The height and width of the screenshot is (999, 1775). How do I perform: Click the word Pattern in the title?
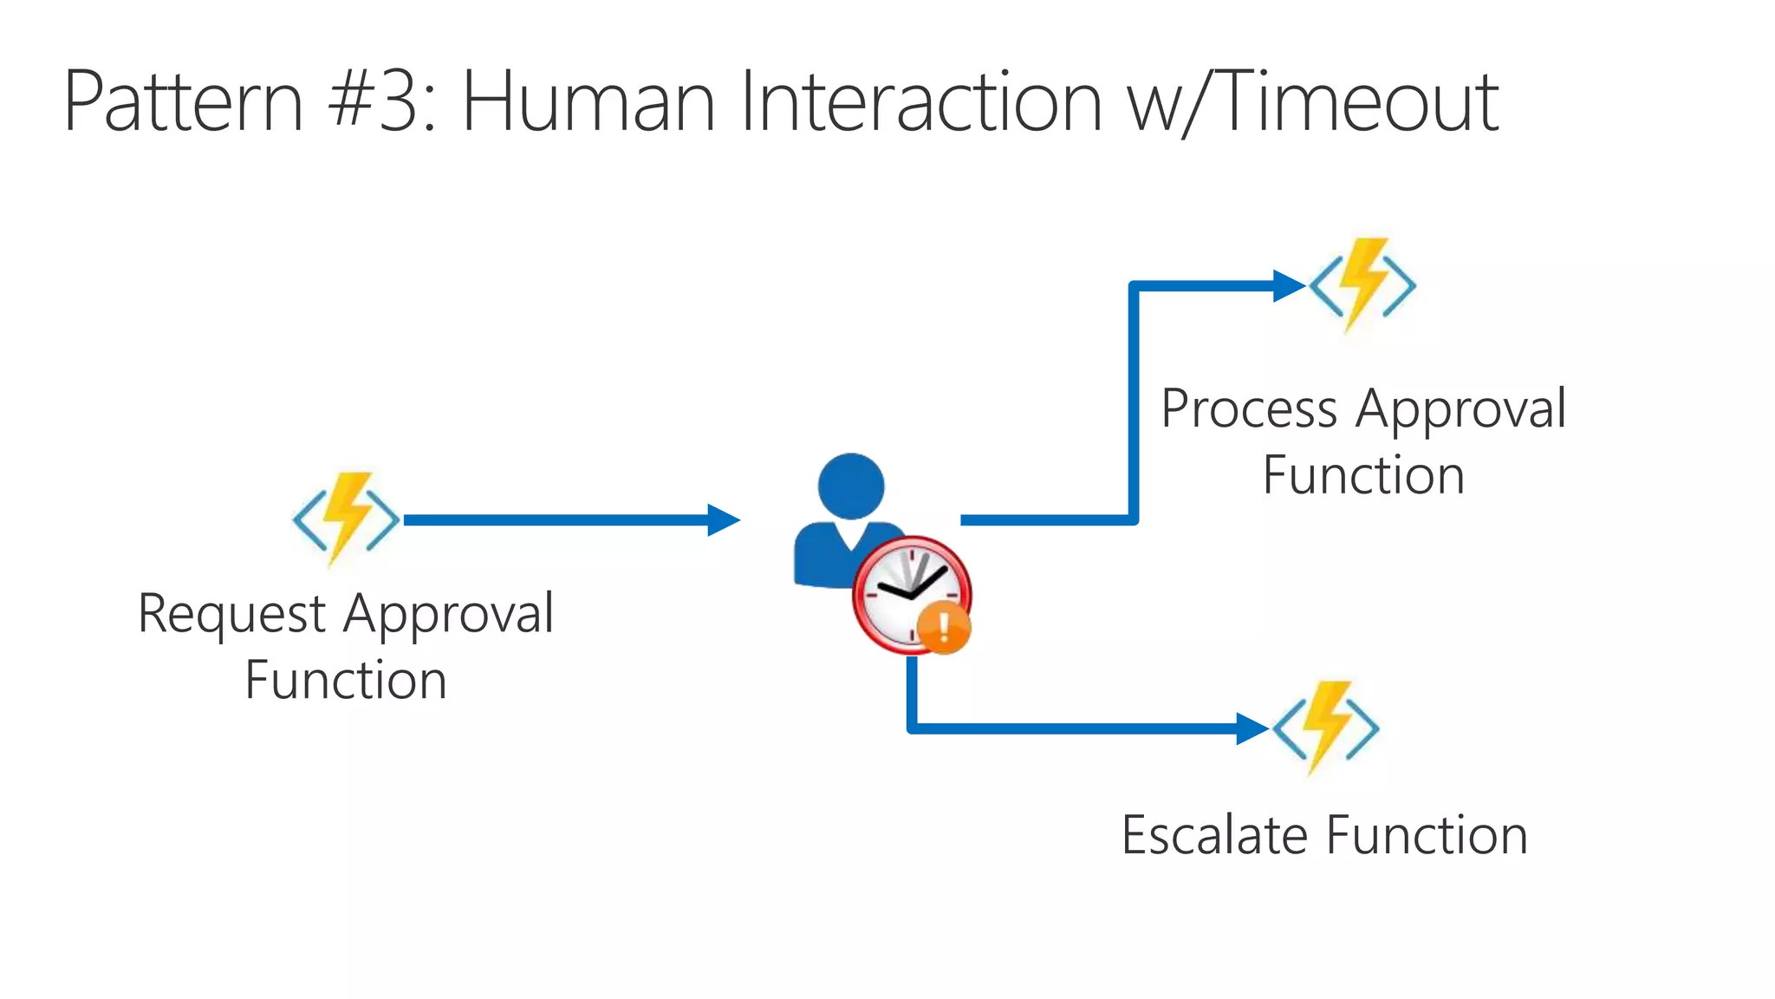coord(183,102)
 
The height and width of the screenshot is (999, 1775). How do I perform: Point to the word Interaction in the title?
coord(921,102)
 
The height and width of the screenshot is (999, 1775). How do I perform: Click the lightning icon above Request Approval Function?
coord(346,519)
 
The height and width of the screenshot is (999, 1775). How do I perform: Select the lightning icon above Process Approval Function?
coord(1362,284)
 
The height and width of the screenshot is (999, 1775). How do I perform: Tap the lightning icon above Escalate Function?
coord(1325,727)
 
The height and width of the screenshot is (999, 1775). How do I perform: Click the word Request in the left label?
coord(231,615)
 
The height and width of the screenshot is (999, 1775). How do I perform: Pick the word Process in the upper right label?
coord(1249,409)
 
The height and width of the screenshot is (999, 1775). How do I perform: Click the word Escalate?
coord(1214,835)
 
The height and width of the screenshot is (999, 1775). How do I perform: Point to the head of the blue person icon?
coord(850,486)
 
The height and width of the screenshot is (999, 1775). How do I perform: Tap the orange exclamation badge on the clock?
coord(944,627)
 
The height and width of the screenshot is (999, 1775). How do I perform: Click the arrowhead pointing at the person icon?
coord(724,520)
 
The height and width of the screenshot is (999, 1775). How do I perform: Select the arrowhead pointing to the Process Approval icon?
coord(1289,285)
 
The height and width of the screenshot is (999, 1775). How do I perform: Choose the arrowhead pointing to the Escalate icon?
coord(1252,728)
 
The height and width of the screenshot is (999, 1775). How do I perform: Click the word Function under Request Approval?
coord(346,680)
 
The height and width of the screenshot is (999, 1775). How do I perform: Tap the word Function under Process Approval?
coord(1363,475)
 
